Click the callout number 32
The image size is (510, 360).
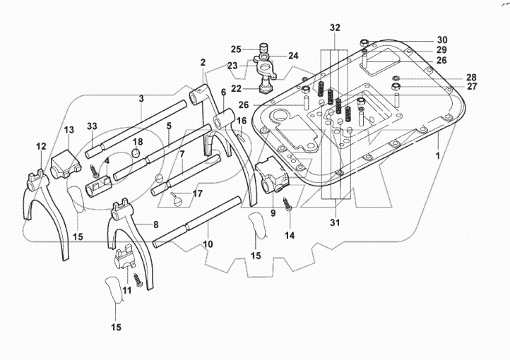tap(334, 28)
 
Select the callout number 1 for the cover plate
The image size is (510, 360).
tap(437, 155)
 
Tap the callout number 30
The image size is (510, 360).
tap(441, 40)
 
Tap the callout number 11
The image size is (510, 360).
tap(126, 289)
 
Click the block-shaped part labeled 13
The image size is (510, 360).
tap(64, 161)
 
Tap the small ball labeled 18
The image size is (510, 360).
tap(137, 155)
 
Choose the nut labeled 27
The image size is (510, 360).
tap(398, 88)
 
